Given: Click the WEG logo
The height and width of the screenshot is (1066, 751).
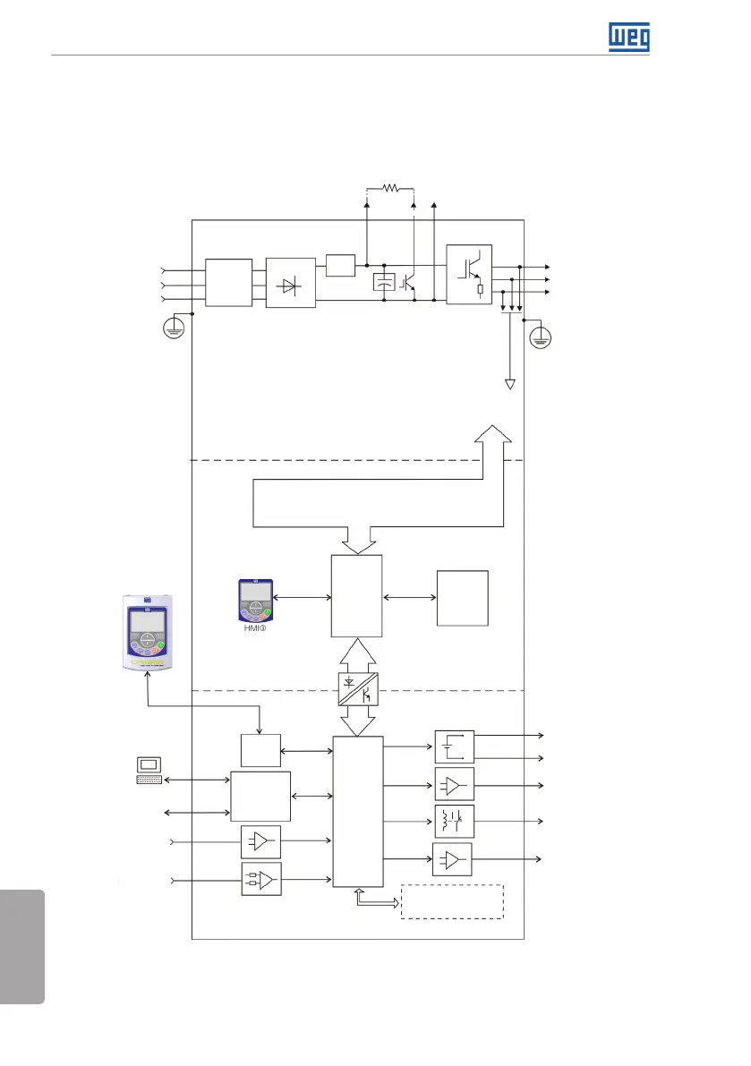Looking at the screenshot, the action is point(629,37).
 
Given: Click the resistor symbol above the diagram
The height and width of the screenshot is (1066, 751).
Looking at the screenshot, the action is point(390,188).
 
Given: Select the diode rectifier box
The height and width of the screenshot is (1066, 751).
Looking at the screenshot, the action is point(291,283).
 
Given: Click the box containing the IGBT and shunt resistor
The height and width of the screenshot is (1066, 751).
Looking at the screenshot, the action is point(470,275).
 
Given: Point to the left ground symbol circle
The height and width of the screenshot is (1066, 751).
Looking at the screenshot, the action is point(175,331).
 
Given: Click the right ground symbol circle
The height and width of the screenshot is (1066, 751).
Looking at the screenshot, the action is point(541,338).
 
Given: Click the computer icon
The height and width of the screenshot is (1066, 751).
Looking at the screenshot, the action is point(149,769).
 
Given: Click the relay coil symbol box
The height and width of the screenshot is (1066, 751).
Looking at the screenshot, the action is point(454,821).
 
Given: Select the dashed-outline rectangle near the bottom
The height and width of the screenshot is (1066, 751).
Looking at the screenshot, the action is point(453,901).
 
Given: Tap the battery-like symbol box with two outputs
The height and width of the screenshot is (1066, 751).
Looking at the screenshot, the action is point(454,746).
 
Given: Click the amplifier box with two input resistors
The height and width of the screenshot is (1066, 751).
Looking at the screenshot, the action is point(260,880).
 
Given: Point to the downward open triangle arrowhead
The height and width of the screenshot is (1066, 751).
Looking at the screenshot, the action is point(510,385).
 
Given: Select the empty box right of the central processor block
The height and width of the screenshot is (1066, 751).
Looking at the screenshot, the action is point(462,598).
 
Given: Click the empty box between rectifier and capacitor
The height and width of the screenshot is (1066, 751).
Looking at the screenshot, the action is point(340,265).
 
